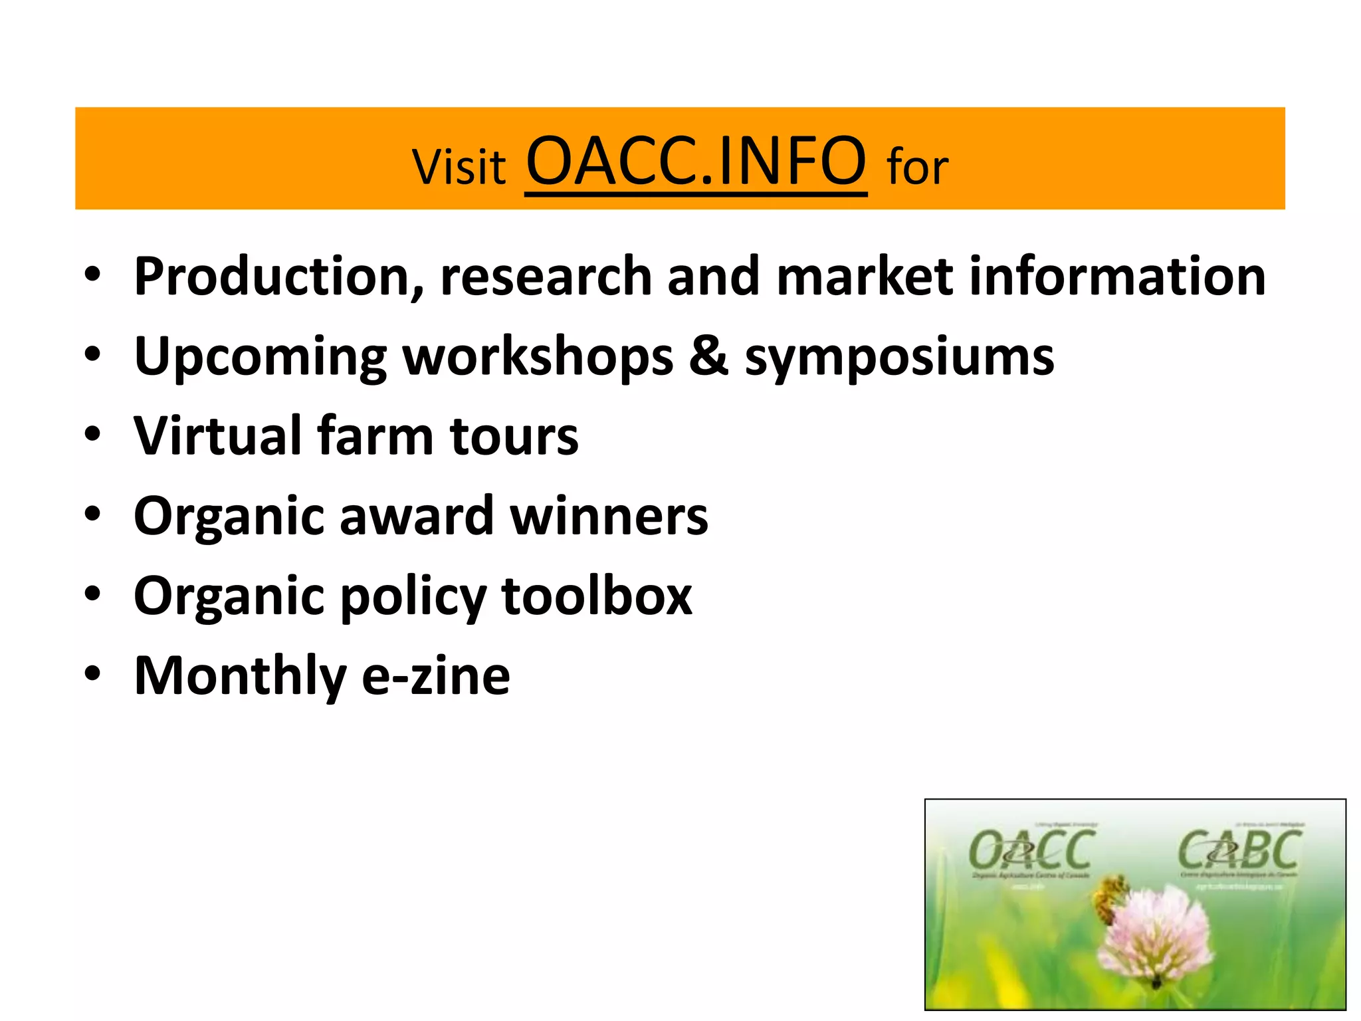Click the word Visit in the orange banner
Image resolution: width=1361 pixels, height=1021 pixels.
tap(459, 167)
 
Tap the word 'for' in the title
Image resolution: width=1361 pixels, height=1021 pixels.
tap(917, 167)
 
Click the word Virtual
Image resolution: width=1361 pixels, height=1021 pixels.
tap(218, 435)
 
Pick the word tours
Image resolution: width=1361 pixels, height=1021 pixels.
tap(514, 437)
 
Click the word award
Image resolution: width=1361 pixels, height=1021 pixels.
tap(416, 516)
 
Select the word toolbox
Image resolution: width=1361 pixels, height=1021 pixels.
tap(596, 596)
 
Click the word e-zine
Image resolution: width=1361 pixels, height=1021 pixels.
tap(436, 676)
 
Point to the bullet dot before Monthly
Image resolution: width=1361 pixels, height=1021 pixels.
tap(92, 673)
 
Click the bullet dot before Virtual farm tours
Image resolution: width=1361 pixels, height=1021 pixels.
tap(92, 434)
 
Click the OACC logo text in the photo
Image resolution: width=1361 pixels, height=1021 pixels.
tap(1031, 851)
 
